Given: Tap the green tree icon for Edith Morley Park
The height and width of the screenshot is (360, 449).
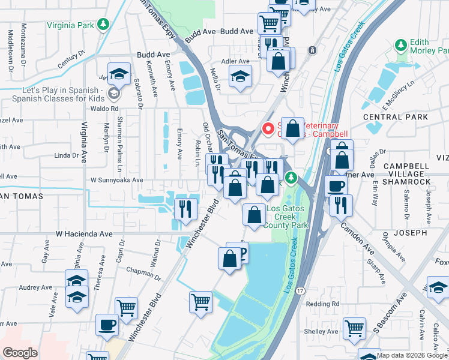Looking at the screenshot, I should pyautogui.click(x=401, y=45).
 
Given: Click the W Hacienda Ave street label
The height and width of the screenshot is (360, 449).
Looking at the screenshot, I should pyautogui.click(x=84, y=234).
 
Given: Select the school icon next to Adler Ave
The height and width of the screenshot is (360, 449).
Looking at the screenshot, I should pyautogui.click(x=240, y=76).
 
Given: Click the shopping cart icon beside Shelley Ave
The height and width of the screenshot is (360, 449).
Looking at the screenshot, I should pyautogui.click(x=355, y=328).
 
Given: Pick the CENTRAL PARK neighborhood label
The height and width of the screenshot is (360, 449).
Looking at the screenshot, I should pyautogui.click(x=395, y=116).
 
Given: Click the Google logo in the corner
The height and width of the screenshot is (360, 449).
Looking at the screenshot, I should pyautogui.click(x=20, y=352).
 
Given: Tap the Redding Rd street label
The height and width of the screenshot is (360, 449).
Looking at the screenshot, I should pyautogui.click(x=322, y=304).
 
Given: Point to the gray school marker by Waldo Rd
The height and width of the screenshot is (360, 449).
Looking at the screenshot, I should pyautogui.click(x=113, y=93).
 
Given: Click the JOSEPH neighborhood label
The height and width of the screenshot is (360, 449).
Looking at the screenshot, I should pyautogui.click(x=410, y=232).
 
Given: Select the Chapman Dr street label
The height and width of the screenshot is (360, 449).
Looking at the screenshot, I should pyautogui.click(x=140, y=271).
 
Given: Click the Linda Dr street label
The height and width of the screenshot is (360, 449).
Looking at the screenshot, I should pyautogui.click(x=66, y=155).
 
